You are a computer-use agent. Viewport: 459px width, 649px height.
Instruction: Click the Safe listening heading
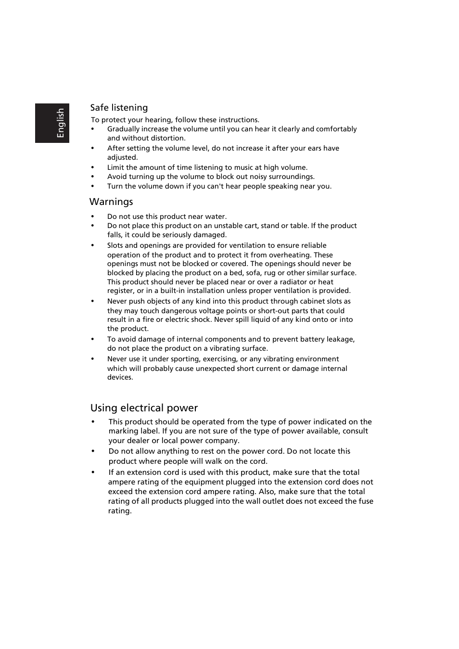point(119,108)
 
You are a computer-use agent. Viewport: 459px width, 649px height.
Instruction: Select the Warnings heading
point(111,202)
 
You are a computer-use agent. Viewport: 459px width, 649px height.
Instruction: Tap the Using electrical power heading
point(144,408)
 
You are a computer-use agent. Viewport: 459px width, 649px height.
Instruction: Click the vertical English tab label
point(60,123)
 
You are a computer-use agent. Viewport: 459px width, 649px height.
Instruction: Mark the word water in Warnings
point(215,216)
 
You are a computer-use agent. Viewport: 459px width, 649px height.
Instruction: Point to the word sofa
point(253,273)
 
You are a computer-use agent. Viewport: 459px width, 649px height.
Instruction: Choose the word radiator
point(293,282)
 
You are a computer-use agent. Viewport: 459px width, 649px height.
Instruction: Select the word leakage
point(340,339)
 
